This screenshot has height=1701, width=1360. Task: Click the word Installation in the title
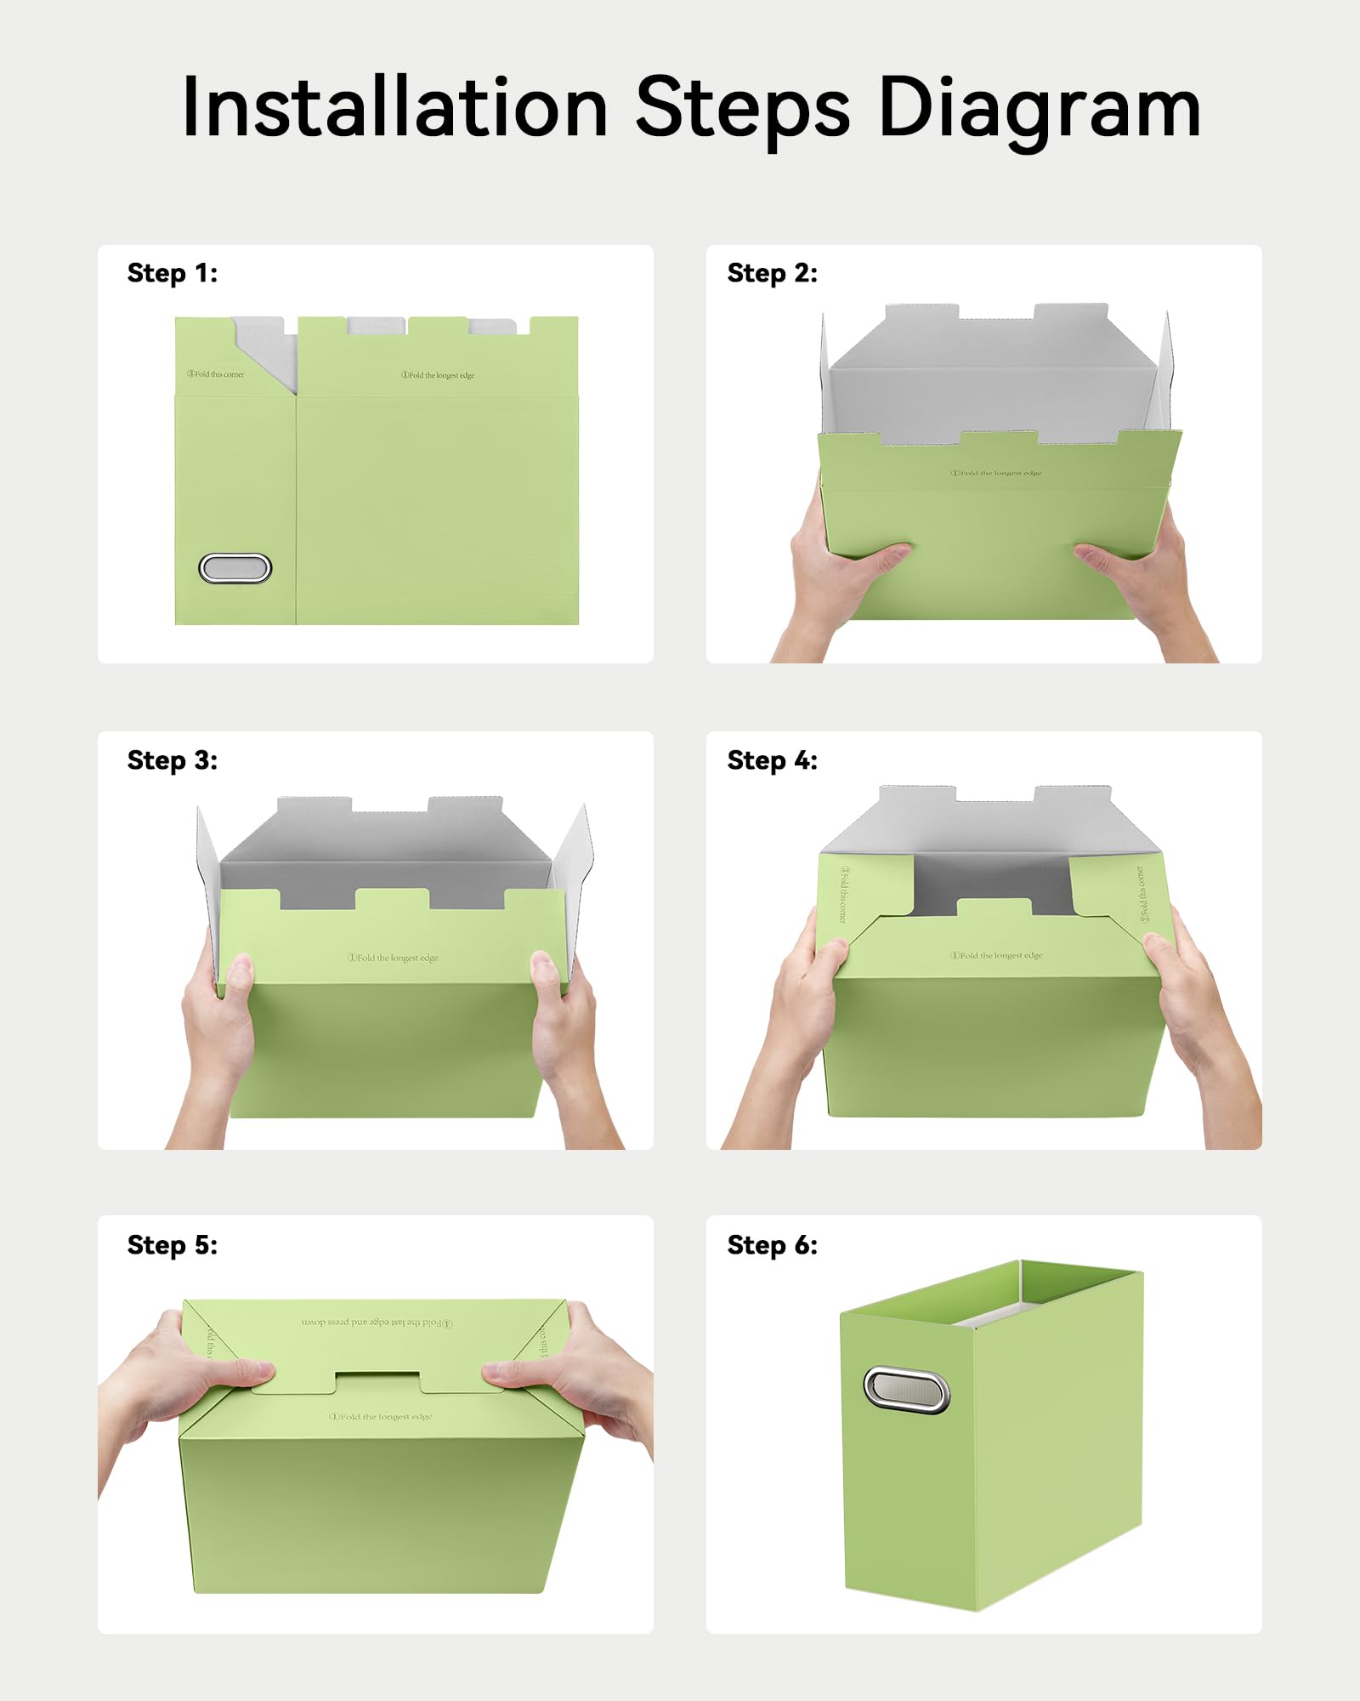tap(395, 107)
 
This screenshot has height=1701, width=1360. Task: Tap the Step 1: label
tap(173, 273)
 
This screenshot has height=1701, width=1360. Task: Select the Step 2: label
tap(772, 273)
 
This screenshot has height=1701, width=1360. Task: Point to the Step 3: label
tap(173, 759)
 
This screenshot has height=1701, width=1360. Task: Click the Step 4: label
tap(772, 759)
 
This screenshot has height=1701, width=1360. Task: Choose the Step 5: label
tap(173, 1244)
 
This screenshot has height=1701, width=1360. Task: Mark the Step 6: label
tap(772, 1244)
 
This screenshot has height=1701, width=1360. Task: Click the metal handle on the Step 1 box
tap(235, 568)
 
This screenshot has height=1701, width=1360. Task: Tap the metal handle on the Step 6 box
tap(906, 1390)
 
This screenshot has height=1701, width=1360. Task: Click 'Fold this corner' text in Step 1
tap(216, 374)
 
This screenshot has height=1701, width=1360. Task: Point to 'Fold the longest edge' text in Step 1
tap(438, 375)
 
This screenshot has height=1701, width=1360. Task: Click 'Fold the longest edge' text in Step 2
tap(995, 473)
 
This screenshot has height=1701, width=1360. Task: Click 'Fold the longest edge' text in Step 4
tap(996, 955)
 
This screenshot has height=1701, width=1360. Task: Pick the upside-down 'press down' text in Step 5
tap(377, 1323)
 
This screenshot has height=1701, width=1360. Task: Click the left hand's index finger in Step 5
tap(238, 1371)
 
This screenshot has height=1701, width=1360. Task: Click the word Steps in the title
tap(742, 109)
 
